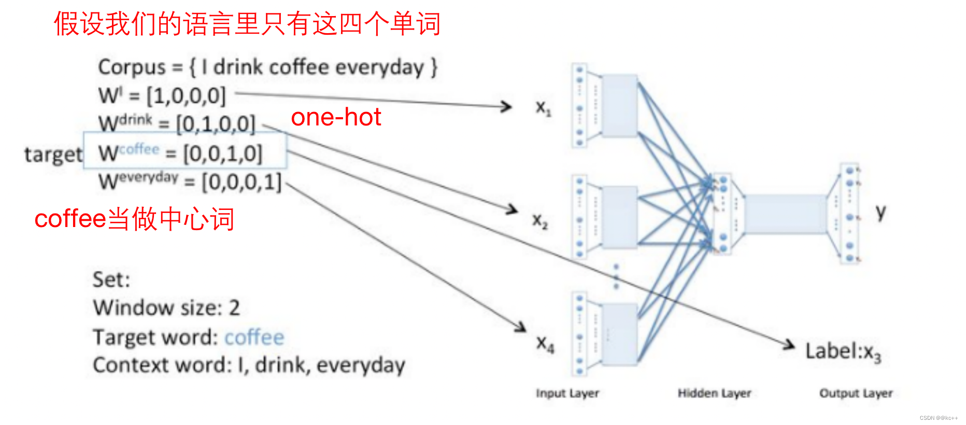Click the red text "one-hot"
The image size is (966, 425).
(336, 117)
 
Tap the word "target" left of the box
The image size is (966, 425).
(53, 154)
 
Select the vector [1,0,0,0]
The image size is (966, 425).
(186, 96)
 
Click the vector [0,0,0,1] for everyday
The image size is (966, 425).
(241, 182)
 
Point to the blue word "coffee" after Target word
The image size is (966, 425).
(254, 337)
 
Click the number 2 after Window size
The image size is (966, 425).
(234, 308)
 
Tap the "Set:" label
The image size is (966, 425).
(111, 280)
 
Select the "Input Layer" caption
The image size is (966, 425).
(567, 393)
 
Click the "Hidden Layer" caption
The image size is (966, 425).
(714, 393)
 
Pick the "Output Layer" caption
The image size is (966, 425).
(856, 393)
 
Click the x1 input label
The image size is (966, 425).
(543, 108)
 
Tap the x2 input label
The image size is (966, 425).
(540, 221)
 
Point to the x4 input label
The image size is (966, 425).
(545, 343)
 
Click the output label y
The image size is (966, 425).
(880, 212)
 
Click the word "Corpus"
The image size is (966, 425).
(132, 67)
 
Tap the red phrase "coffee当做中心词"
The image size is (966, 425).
(134, 219)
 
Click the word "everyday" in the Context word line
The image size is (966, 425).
(361, 365)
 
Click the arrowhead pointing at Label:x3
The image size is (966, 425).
(790, 344)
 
